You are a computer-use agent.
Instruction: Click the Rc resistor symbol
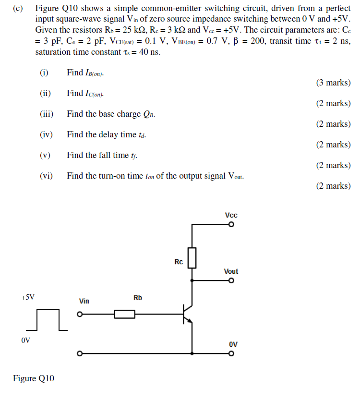pos(192,258)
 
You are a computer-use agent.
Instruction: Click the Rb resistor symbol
pos(124,315)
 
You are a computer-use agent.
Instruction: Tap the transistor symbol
pos(187,314)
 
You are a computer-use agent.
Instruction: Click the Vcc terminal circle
pos(231,224)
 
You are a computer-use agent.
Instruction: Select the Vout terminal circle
pos(231,281)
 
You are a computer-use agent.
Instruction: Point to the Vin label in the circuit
pos(84,301)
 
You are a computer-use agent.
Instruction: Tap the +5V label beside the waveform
pos(28,297)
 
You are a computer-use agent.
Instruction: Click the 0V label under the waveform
pos(26,340)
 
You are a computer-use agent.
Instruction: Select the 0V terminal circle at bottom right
pos(231,354)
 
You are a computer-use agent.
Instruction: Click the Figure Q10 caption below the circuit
pos(34,379)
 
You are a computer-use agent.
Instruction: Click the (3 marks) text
pos(333,83)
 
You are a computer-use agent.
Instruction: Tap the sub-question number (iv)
pos(46,134)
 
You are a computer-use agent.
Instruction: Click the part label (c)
pos(19,9)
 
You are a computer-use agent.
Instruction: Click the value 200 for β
pos(258,41)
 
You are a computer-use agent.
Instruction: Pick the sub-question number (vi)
pos(46,176)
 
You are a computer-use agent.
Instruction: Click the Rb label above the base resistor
pos(138,298)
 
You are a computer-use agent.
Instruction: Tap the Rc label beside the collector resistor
pos(179,262)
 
